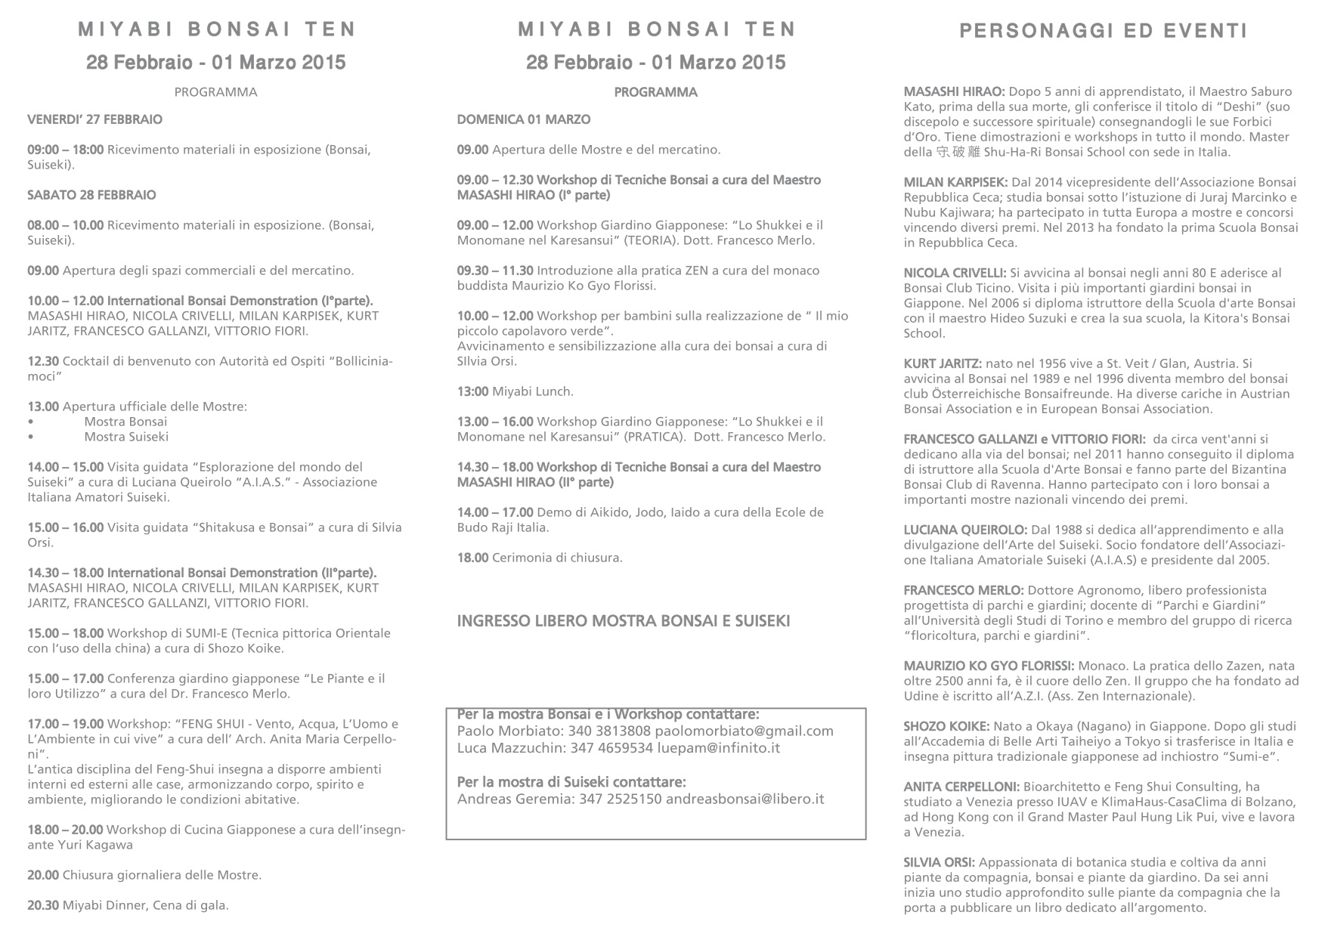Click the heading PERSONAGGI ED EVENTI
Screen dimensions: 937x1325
[1103, 31]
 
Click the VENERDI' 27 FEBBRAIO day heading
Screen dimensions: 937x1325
[94, 119]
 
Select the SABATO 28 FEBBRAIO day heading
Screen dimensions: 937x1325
[91, 195]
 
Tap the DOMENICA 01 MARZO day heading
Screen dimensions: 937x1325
[524, 119]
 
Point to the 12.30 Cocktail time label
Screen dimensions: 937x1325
[43, 361]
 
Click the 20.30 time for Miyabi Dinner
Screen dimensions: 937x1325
[43, 905]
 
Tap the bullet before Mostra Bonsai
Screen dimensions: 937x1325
[30, 422]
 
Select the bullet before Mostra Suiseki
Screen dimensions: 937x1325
[30, 438]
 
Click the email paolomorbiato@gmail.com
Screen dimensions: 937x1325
[744, 731]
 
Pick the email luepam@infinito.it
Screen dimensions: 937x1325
[727, 748]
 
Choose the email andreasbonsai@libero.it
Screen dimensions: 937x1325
[745, 799]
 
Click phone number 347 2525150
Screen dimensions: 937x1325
[620, 799]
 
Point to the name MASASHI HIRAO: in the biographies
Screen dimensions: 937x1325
[954, 91]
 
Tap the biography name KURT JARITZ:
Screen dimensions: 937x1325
[943, 363]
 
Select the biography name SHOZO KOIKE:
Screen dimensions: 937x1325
[946, 726]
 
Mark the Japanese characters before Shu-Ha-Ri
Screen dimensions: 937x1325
[958, 152]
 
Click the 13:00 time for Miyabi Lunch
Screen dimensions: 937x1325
[472, 391]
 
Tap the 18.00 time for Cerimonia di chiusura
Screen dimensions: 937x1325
[472, 558]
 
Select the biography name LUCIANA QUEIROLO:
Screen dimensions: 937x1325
[965, 530]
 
